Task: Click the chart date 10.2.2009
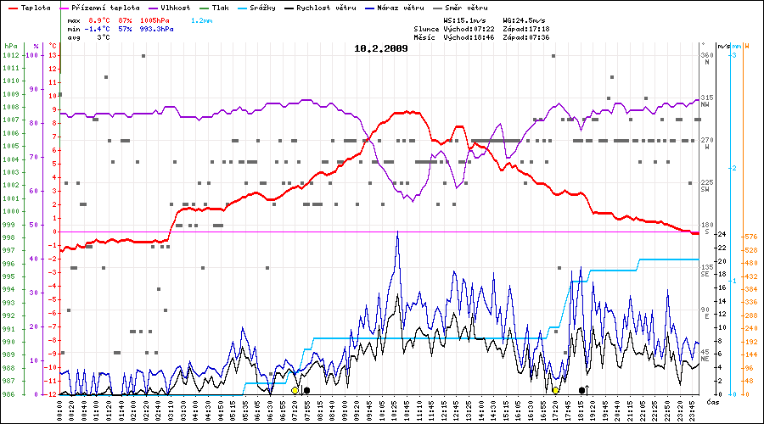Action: click(380, 48)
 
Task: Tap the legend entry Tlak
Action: click(220, 7)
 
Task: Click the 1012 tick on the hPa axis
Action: click(10, 55)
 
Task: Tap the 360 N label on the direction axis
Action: click(706, 59)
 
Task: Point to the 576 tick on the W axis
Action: click(751, 236)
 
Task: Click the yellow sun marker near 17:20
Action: click(555, 390)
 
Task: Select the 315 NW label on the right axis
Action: click(706, 102)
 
